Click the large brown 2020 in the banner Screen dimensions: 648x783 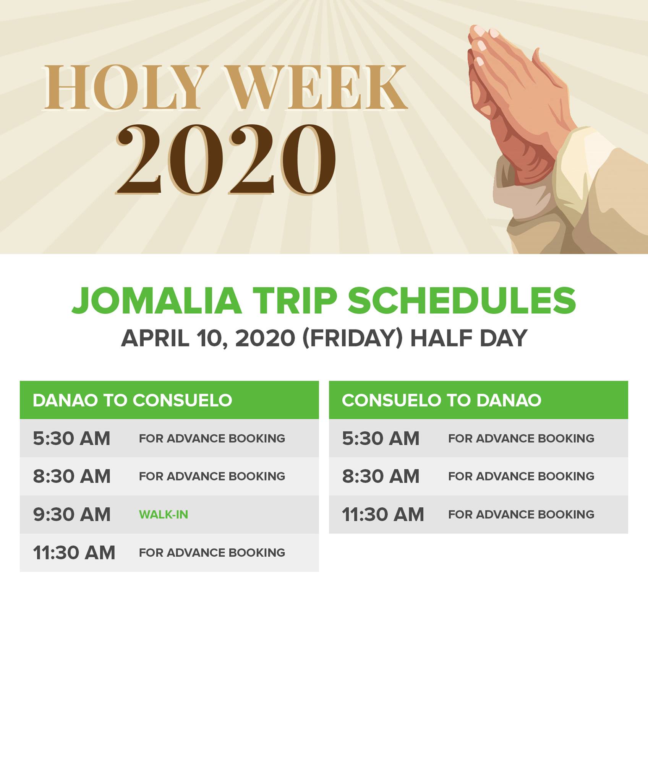click(x=226, y=159)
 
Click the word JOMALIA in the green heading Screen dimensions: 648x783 click(x=157, y=301)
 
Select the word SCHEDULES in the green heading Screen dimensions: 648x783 click(x=462, y=301)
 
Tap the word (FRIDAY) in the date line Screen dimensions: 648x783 click(x=352, y=338)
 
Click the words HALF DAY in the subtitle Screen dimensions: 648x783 click(x=469, y=338)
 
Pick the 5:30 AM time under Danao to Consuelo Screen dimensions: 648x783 click(x=71, y=438)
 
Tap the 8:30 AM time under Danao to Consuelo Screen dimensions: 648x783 click(x=71, y=476)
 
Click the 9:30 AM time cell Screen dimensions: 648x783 click(x=71, y=515)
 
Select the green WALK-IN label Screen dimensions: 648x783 click(x=164, y=515)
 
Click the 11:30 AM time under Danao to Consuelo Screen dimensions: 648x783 click(x=74, y=553)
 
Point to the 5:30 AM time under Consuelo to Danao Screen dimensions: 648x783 click(x=381, y=438)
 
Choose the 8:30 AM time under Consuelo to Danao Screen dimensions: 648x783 click(x=381, y=476)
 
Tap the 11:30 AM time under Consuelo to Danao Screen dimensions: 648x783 click(x=383, y=515)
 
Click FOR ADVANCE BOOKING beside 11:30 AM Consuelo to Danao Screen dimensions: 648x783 click(x=521, y=515)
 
